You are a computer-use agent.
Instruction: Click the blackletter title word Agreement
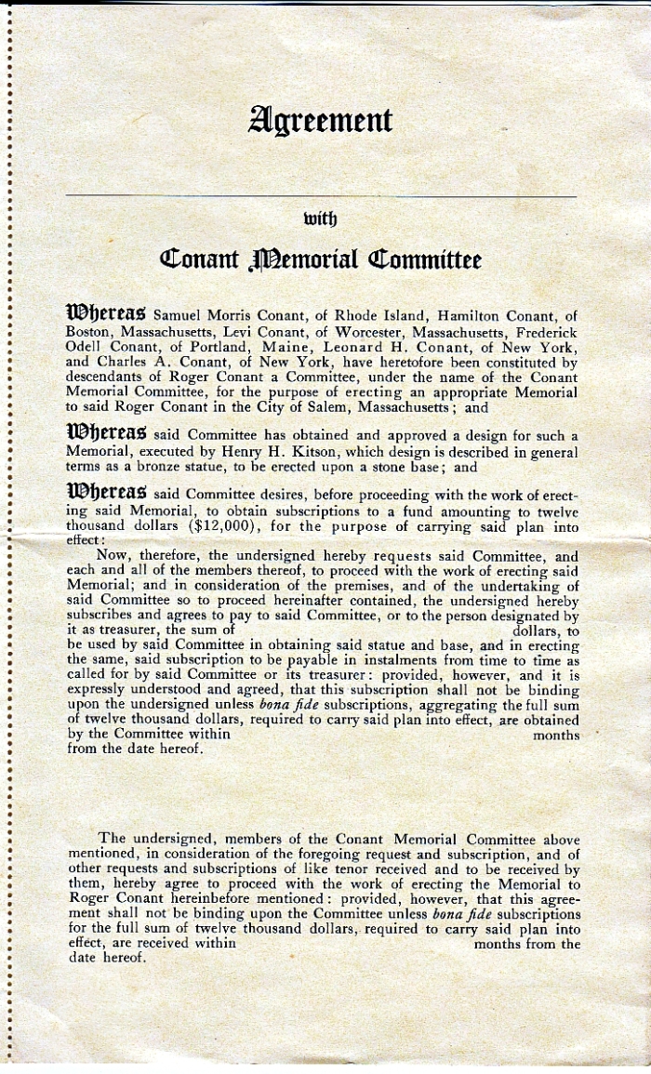click(x=320, y=121)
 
